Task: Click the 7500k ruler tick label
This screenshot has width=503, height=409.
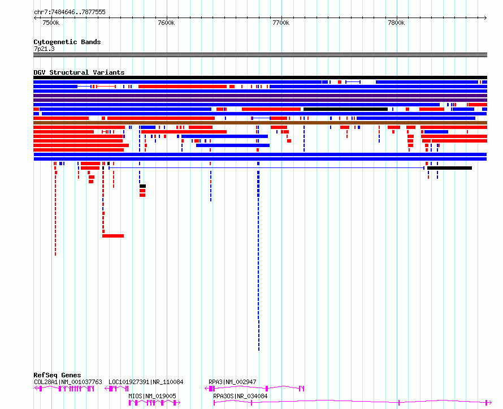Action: (51, 23)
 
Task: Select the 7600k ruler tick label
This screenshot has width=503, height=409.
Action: (166, 23)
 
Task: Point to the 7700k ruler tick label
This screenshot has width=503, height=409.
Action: (281, 23)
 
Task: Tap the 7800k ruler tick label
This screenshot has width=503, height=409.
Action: (396, 23)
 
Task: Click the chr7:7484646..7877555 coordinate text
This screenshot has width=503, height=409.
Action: (70, 12)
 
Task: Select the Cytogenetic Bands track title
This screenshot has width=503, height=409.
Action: (67, 42)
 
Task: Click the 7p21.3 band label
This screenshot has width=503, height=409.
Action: (44, 49)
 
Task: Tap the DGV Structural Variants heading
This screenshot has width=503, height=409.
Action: (79, 72)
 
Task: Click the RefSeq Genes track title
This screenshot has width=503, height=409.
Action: (57, 375)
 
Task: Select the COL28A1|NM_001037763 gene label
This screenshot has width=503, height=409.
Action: (68, 382)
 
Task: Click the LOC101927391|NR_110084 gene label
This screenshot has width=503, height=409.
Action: (146, 382)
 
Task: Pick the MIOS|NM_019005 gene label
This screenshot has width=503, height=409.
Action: (153, 396)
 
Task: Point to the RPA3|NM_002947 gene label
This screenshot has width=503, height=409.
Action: (233, 382)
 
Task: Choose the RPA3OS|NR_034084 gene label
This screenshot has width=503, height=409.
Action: (240, 396)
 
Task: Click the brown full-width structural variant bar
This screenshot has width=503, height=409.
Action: (260, 123)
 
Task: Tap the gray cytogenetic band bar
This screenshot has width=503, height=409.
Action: (260, 55)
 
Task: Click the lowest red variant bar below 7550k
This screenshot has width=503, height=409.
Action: (113, 236)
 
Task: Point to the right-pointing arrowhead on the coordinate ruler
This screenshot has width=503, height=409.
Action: (485, 18)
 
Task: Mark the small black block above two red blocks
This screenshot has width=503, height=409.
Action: (143, 186)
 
